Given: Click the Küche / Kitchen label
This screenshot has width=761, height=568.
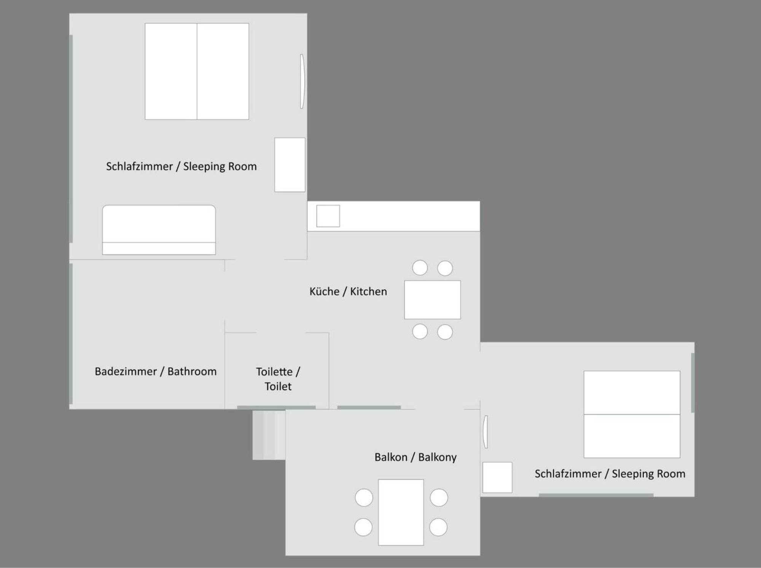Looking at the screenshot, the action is [x=348, y=292].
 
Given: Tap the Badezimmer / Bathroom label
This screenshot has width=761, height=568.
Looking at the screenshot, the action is [x=156, y=372].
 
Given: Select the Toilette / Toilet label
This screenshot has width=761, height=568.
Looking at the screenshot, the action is [x=278, y=379].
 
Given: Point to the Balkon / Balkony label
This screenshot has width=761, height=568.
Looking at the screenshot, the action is [x=416, y=457].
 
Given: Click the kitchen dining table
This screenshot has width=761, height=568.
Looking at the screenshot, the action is [x=433, y=300].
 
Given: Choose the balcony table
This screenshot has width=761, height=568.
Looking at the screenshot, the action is [x=401, y=512].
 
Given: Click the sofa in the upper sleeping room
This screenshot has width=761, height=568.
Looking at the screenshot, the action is [x=159, y=230].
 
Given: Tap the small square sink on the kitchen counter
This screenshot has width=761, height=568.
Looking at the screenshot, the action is [x=328, y=216].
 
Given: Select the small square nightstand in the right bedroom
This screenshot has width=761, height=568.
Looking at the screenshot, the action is [x=497, y=477].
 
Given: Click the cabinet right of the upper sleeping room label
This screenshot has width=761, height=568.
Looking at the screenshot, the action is [x=290, y=165].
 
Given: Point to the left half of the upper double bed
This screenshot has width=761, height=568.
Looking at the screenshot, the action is [x=171, y=72].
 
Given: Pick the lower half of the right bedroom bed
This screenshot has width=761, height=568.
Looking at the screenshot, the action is [x=632, y=436].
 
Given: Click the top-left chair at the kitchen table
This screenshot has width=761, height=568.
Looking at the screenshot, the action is [x=420, y=268].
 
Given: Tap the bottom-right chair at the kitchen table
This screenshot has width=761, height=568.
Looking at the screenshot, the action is [x=445, y=332].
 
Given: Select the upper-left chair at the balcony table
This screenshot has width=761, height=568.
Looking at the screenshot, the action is [x=364, y=498].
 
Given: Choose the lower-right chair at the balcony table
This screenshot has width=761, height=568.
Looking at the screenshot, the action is [x=438, y=527].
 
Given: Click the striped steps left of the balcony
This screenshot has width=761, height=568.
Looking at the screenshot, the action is [x=269, y=435].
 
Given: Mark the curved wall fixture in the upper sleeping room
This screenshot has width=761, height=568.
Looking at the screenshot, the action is [x=302, y=81].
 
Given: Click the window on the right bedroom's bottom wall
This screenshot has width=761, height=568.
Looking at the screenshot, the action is [x=596, y=495].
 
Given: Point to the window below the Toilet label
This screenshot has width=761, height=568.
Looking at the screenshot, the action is [x=276, y=407].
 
